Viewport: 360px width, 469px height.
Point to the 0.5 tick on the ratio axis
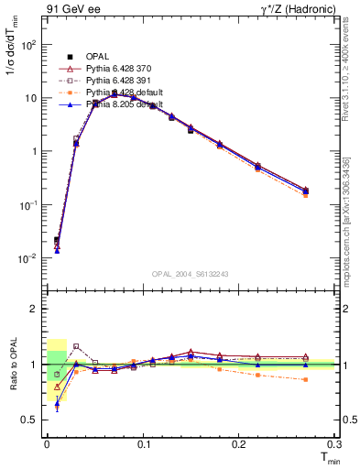(x=31, y=420)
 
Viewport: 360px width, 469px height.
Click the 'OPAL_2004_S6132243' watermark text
(x=191, y=273)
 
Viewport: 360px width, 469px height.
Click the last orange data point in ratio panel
(x=306, y=379)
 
